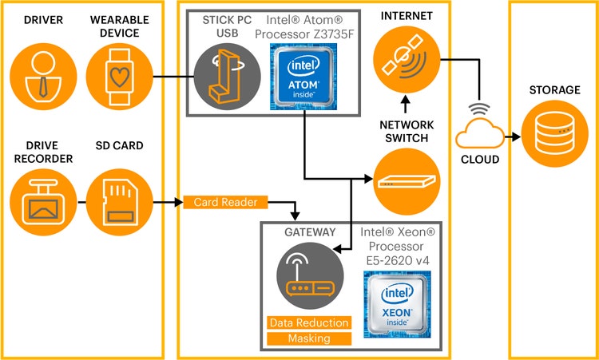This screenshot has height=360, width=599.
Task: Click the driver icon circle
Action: pos(42,77)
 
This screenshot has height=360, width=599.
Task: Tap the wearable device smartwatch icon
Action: pos(117,77)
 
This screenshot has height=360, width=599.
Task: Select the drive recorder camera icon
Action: pos(42,203)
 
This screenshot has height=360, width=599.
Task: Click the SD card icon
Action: pos(117,203)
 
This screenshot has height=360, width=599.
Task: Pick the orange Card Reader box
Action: pos(225,203)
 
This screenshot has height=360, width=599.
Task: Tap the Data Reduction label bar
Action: pos(309,322)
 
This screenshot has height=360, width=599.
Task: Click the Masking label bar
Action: pos(309,338)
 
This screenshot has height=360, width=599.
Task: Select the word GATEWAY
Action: pos(310,232)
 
